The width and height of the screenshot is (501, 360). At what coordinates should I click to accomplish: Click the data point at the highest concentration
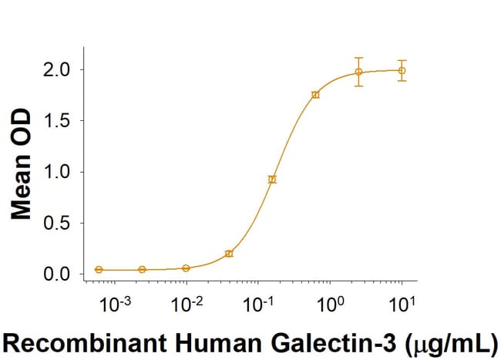pos(402,70)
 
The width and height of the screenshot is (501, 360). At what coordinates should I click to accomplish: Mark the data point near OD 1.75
pos(315,95)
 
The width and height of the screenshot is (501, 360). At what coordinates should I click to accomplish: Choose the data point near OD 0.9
pos(272,180)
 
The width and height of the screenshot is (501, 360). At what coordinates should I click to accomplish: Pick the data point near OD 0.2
pos(229,254)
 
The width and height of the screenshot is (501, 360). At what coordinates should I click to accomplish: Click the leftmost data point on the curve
pos(99,270)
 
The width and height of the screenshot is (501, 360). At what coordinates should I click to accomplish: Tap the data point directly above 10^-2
pos(186,268)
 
